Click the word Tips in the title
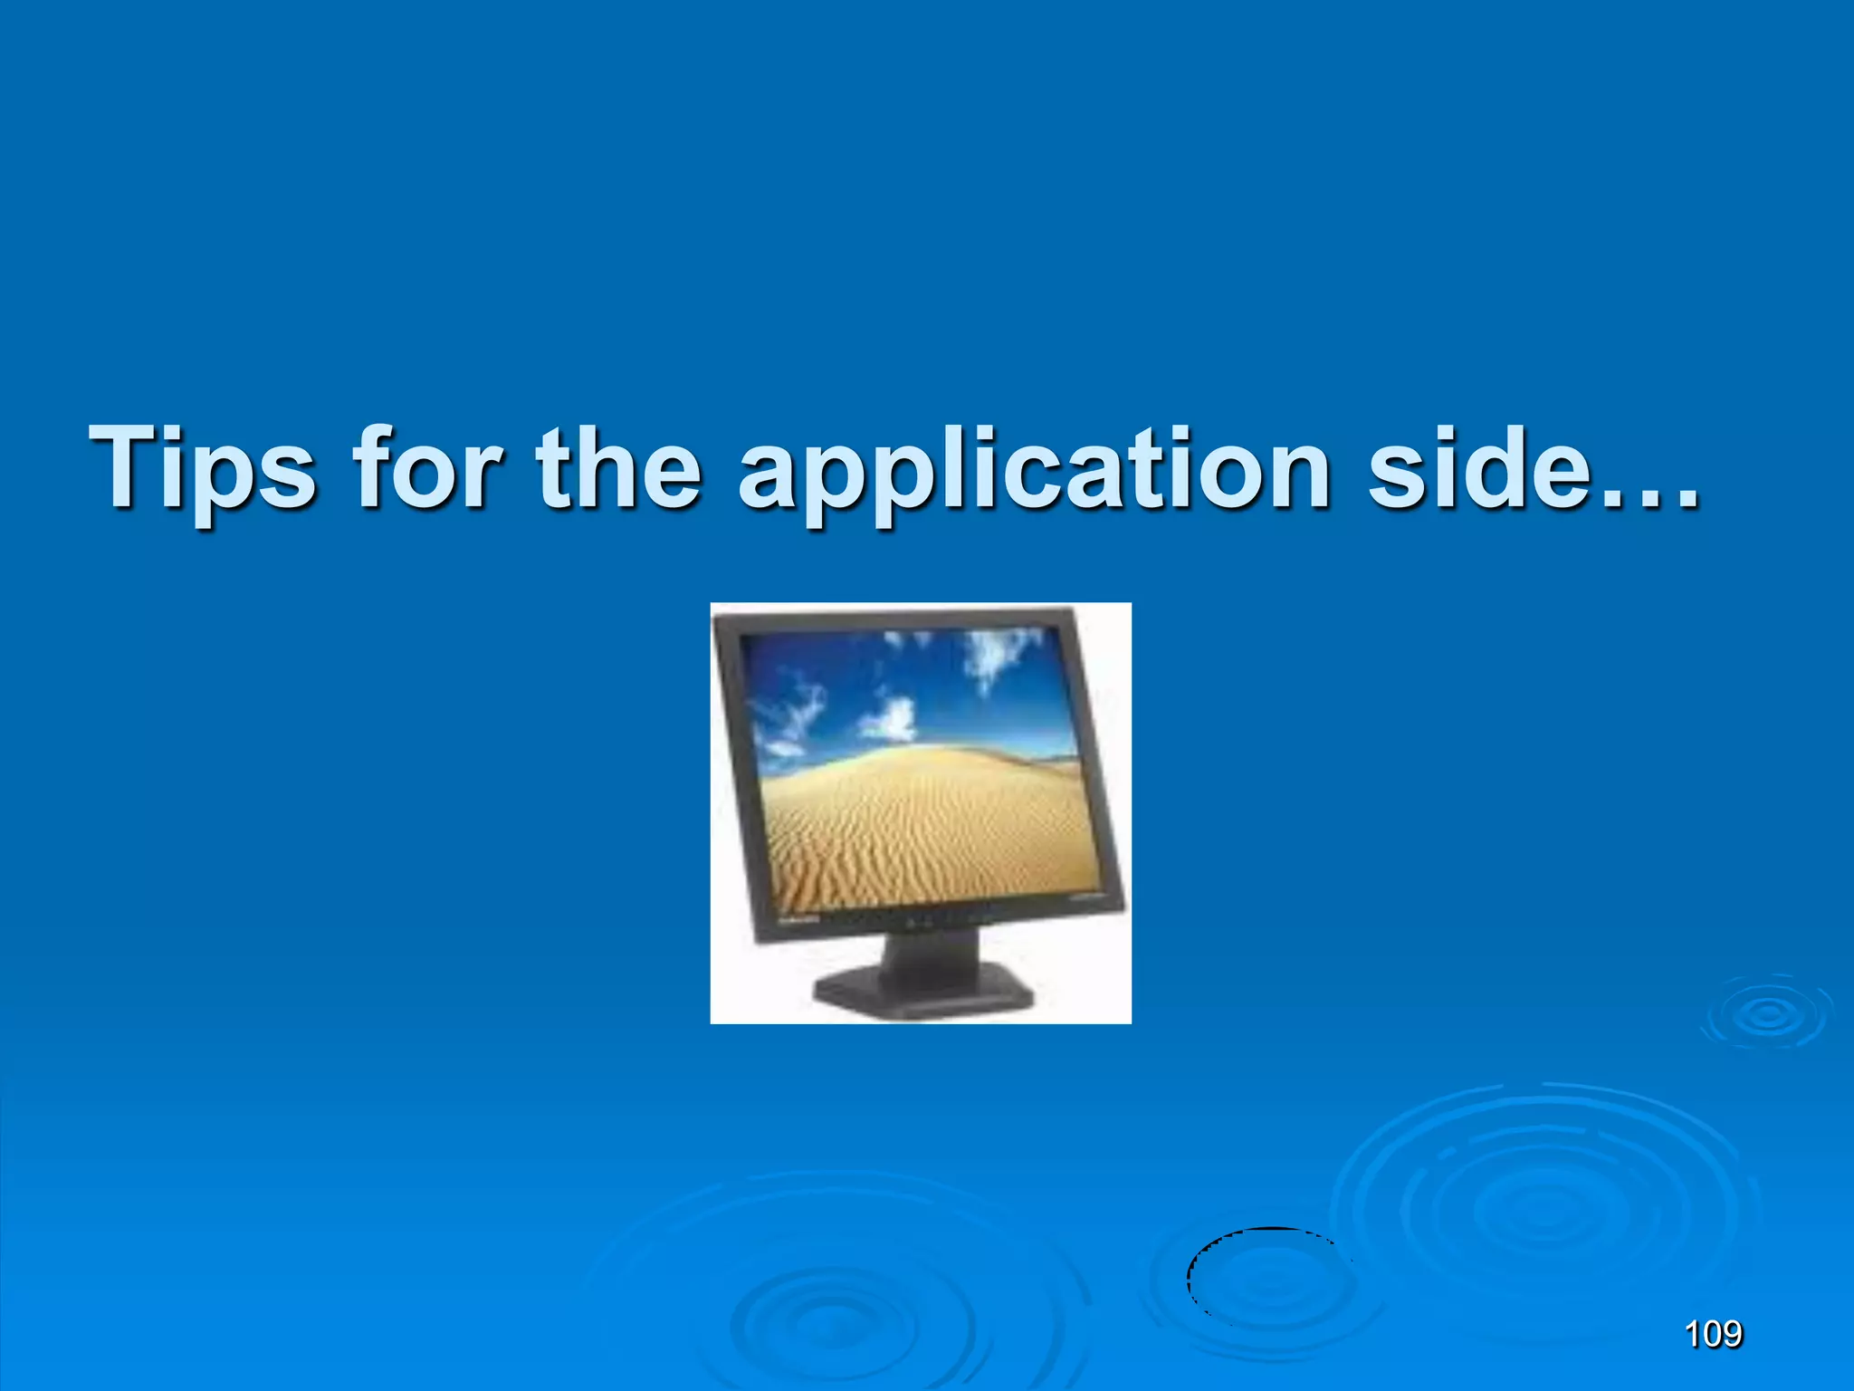203,468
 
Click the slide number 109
1713,1334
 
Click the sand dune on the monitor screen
914,815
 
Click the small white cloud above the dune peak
892,720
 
